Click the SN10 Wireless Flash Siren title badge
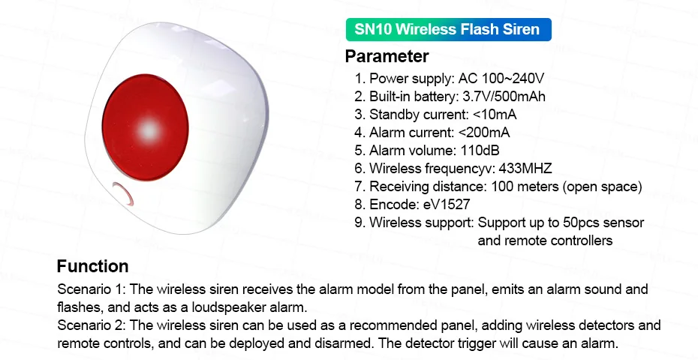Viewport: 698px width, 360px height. coord(449,29)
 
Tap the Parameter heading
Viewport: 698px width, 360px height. coord(387,56)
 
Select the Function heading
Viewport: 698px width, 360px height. coord(92,266)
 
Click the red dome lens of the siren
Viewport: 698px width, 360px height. coord(146,127)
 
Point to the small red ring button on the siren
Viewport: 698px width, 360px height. coord(123,193)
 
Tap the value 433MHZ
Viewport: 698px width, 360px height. coord(525,169)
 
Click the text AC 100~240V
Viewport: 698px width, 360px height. coord(501,79)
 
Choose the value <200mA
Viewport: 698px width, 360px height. coord(484,133)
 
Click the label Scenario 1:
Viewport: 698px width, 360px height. coord(92,289)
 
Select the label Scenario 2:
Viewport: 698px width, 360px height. coord(92,325)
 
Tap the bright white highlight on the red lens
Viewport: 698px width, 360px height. coord(149,130)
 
